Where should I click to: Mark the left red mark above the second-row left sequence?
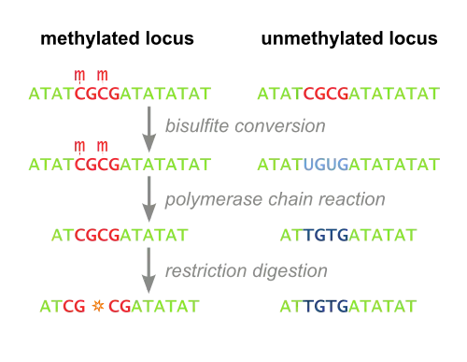tap(81, 145)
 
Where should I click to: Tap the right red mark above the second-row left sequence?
tap(103, 145)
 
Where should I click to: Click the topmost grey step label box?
tap(245, 124)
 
